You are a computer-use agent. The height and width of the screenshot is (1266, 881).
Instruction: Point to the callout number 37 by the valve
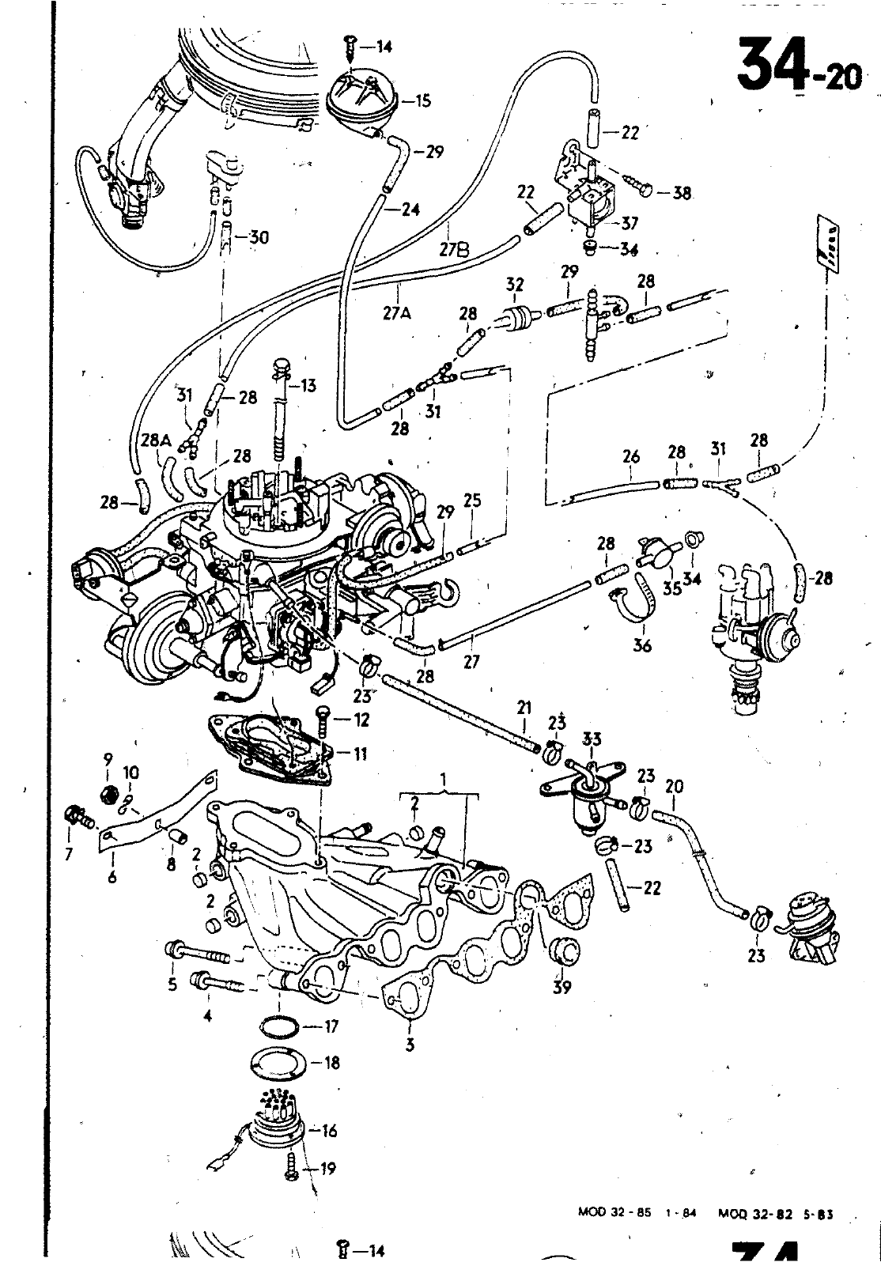[x=629, y=225]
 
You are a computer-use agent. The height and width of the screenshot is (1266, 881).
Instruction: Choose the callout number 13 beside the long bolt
[x=307, y=386]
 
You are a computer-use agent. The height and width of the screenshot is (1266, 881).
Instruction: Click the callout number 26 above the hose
[x=630, y=456]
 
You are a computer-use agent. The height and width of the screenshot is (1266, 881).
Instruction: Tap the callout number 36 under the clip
[x=641, y=646]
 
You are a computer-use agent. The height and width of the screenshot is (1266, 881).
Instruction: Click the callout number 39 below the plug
[x=562, y=987]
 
